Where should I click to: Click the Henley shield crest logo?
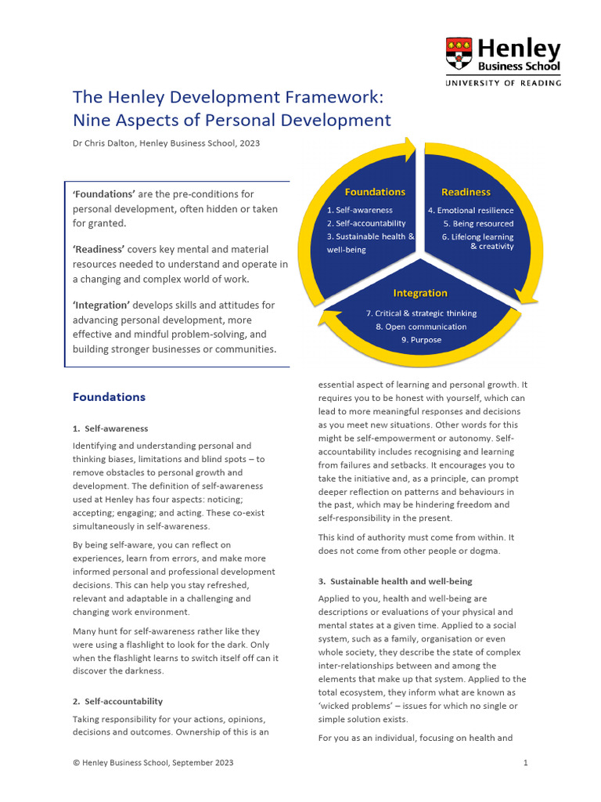pos(459,53)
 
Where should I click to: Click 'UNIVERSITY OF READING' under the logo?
pos(503,82)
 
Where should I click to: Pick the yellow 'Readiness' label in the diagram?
pos(466,192)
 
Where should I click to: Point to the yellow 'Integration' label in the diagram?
pos(420,293)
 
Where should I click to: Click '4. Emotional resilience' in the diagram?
pos(470,211)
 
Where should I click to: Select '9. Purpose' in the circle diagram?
pos(421,340)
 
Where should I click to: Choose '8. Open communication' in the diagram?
pos(421,327)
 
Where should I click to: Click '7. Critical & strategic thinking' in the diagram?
pos(421,313)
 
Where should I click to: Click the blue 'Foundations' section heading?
pos(109,397)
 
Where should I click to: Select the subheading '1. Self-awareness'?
pos(110,428)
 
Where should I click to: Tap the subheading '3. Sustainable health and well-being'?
pos(395,582)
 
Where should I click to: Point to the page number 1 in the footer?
pos(526,762)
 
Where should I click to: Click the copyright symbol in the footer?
pos(76,762)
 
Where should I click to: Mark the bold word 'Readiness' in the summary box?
pos(99,249)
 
